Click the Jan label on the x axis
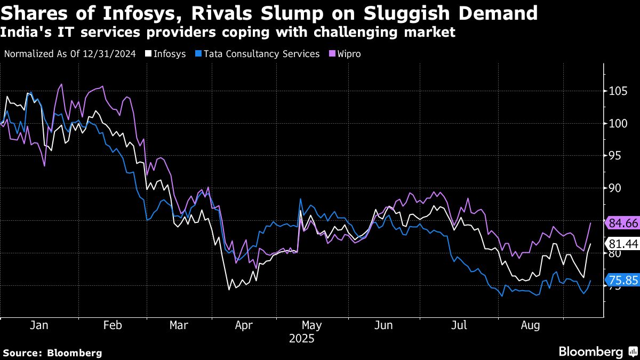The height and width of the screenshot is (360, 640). [x=39, y=325]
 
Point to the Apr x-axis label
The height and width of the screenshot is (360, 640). [x=244, y=325]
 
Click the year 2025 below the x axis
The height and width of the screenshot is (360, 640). [x=301, y=339]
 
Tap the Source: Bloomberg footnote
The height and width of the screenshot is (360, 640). [x=52, y=353]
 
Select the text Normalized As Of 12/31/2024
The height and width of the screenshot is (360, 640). [x=69, y=54]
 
